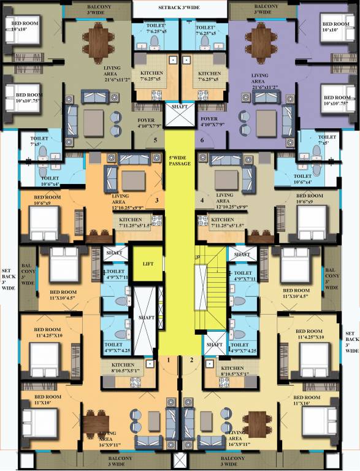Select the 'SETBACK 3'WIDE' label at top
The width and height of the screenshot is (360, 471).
pos(179,7)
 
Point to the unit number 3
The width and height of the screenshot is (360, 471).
pos(157,201)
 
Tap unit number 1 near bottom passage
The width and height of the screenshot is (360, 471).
pos(167,360)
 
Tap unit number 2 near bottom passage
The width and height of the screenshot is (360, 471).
pos(191,360)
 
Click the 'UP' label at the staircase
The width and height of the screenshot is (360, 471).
pos(197,257)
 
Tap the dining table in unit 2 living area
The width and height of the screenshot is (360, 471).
pos(254,422)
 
